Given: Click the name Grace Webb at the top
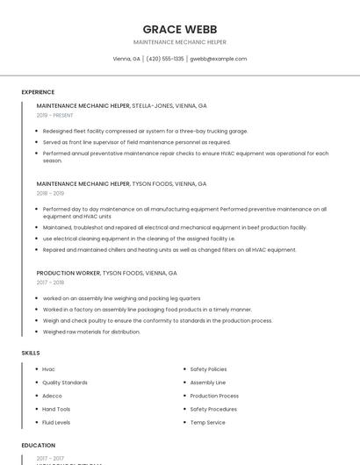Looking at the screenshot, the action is click(x=179, y=29).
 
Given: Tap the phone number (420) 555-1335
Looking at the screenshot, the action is click(x=165, y=59).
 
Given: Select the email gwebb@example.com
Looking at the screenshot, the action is click(x=219, y=59).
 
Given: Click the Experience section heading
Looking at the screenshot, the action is click(x=38, y=92).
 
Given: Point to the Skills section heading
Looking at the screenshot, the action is click(x=30, y=353).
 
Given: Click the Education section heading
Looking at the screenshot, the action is click(x=38, y=446).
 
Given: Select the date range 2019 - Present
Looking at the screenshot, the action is click(x=55, y=115).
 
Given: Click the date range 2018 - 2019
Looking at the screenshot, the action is click(x=50, y=193).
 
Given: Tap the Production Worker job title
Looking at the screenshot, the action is click(x=68, y=273).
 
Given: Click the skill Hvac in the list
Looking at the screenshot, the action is click(x=48, y=369).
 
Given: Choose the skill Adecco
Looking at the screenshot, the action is click(x=52, y=396).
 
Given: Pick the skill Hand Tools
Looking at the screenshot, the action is click(x=56, y=409).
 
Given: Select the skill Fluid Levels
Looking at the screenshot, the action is click(x=57, y=422).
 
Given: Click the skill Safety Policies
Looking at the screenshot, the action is click(x=208, y=369).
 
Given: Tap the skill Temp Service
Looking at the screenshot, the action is click(x=207, y=422).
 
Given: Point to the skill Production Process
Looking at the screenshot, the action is click(x=214, y=396).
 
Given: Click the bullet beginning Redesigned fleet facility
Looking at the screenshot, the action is click(x=145, y=131).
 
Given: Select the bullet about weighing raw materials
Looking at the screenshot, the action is click(x=91, y=332).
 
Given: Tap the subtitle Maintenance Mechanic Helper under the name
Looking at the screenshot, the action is click(x=179, y=41).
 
